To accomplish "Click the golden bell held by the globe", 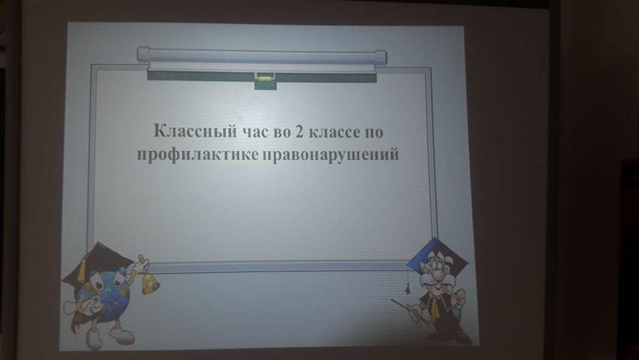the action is [150, 283].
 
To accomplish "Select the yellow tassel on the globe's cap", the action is [81, 271].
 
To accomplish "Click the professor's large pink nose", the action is [438, 276].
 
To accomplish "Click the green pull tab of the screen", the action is [264, 80].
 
